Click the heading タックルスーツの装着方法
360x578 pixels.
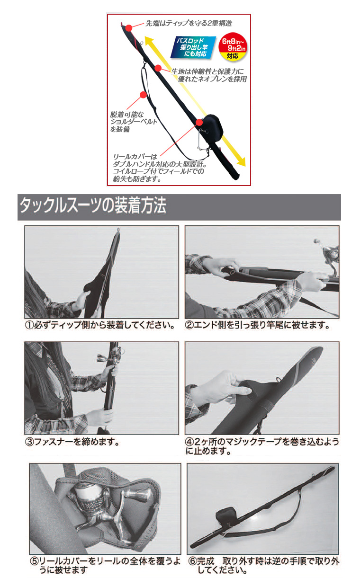92,207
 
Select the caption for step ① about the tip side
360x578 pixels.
99,326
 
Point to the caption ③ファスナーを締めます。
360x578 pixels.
72,442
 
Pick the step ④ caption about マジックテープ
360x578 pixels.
262,446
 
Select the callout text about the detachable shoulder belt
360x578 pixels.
127,122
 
